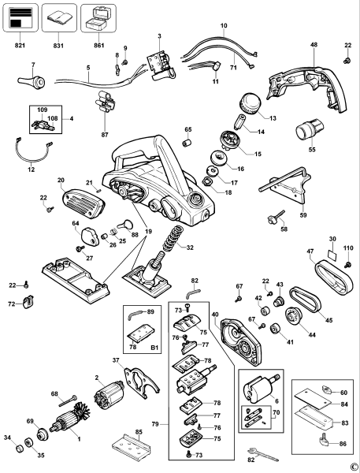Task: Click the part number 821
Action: click(20, 45)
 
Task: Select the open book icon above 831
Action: click(59, 18)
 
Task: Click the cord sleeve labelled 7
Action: click(32, 81)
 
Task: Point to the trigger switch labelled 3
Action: click(161, 66)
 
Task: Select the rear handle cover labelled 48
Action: click(307, 88)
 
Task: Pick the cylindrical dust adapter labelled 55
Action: click(309, 128)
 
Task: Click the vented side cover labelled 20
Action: click(84, 203)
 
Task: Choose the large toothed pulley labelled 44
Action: click(293, 316)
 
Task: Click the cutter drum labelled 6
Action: click(262, 389)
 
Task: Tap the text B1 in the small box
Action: click(154, 348)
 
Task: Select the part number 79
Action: click(155, 424)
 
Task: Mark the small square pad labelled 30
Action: click(332, 255)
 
